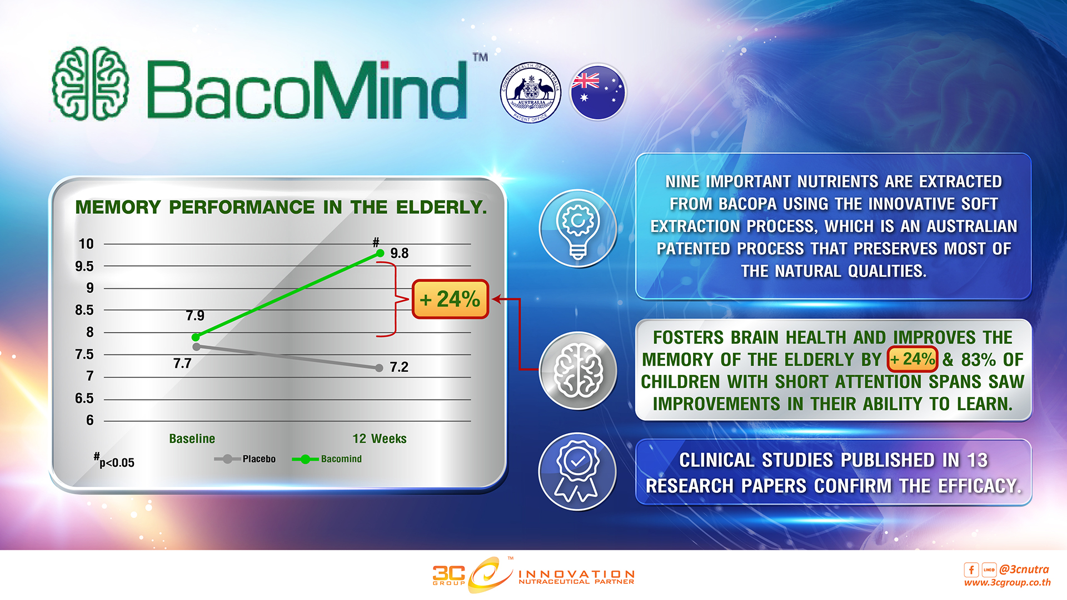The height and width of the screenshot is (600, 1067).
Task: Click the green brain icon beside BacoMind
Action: click(x=91, y=83)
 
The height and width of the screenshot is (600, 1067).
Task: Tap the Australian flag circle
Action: click(x=598, y=92)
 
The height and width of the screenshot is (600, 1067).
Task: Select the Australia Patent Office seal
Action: click(x=531, y=92)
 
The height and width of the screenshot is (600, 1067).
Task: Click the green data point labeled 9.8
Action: click(x=380, y=253)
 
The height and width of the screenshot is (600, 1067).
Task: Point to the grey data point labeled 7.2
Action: click(x=379, y=368)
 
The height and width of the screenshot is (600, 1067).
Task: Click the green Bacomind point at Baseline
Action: click(x=196, y=337)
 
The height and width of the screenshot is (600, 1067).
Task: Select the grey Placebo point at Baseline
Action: click(x=196, y=347)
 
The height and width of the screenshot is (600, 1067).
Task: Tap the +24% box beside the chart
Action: click(x=450, y=299)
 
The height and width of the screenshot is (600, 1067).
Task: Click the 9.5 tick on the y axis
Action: click(x=84, y=266)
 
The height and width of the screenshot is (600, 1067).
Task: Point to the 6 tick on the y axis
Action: click(x=90, y=421)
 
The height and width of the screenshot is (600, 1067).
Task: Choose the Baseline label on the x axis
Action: click(x=192, y=438)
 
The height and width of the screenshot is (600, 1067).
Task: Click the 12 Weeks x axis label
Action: click(x=380, y=438)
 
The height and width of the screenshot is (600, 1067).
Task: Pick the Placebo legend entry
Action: click(x=245, y=459)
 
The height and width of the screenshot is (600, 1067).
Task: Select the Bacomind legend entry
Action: click(x=327, y=459)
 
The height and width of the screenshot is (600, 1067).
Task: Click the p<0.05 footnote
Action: click(x=114, y=461)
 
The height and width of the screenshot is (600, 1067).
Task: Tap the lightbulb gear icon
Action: click(x=578, y=228)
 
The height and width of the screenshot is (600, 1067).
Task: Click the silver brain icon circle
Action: click(x=578, y=371)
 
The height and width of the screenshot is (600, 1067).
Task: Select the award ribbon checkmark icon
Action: click(x=578, y=472)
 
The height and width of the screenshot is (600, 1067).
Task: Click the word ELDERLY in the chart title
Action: click(x=441, y=207)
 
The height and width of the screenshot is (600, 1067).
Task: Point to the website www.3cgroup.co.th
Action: click(x=1007, y=582)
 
